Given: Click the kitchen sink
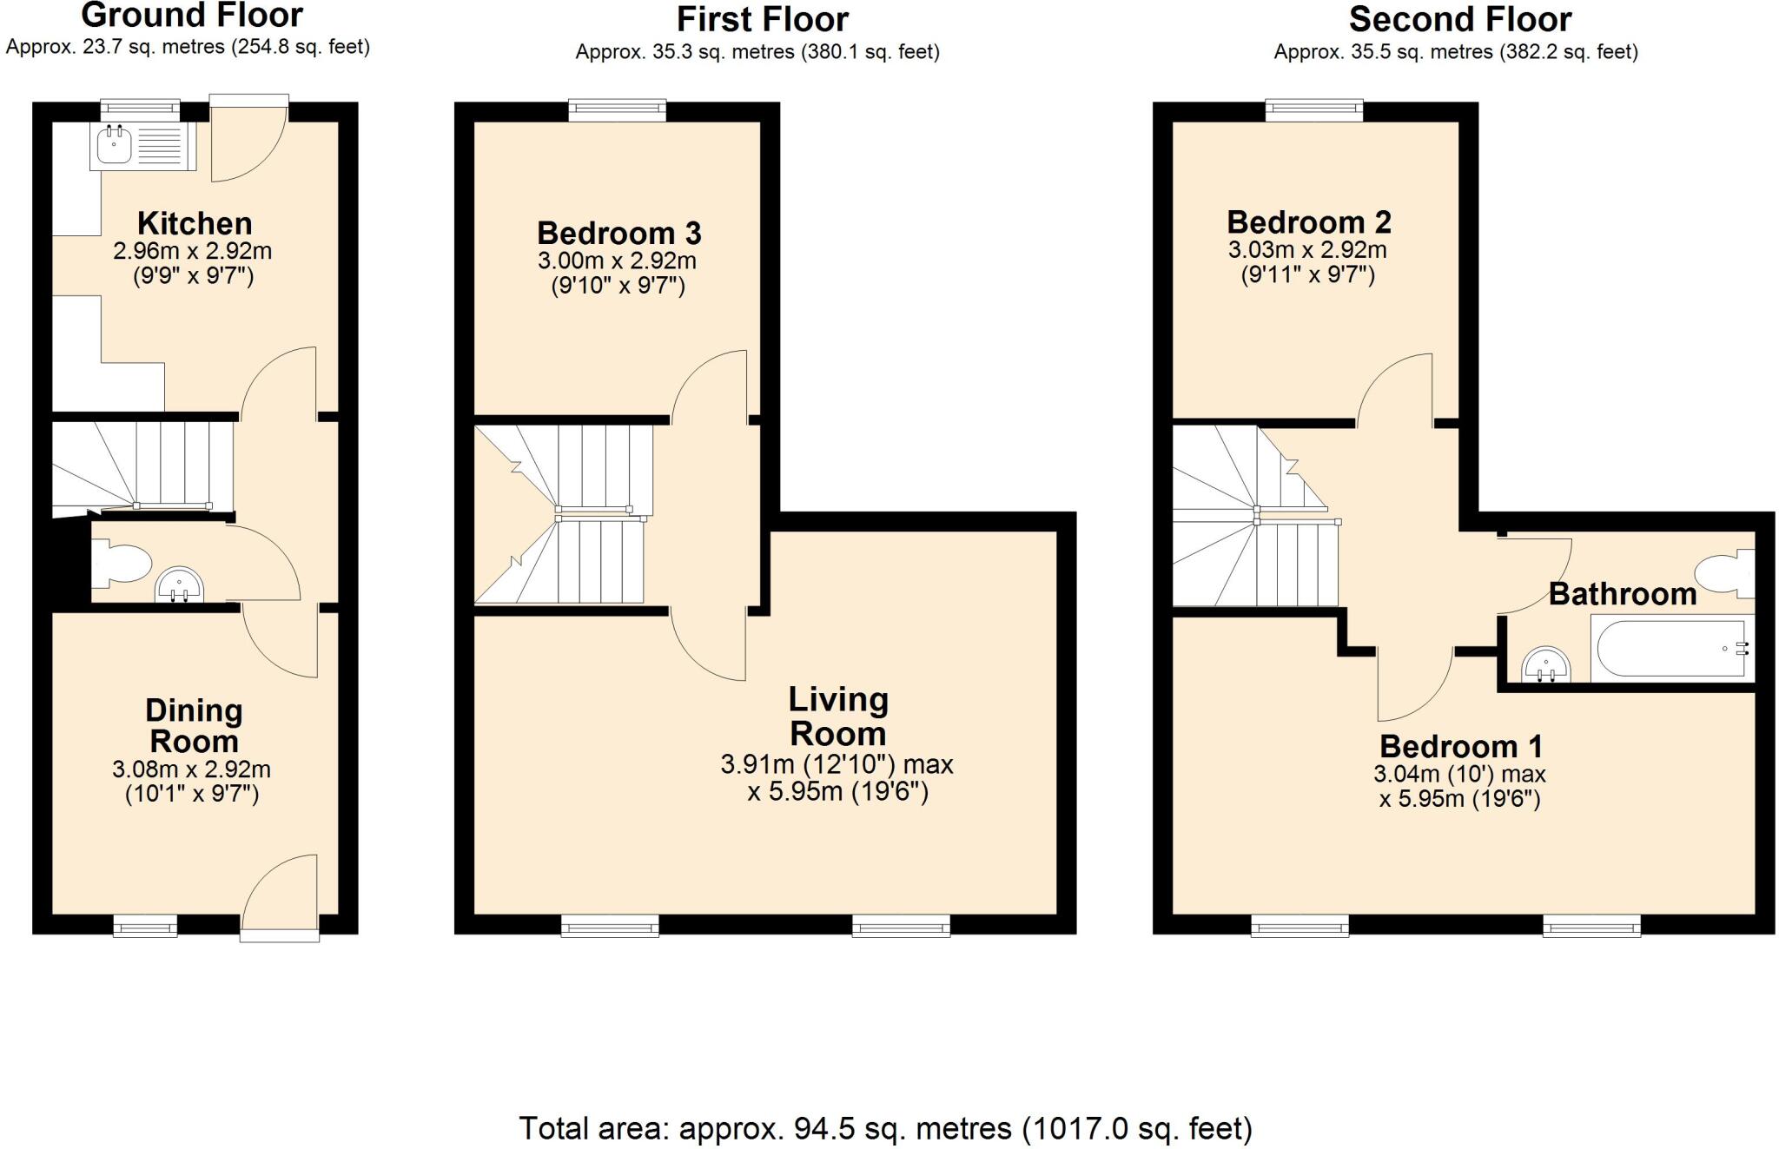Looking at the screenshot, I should point(116,145).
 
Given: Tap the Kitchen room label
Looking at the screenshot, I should point(195,223).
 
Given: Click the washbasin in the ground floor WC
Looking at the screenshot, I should point(180,585).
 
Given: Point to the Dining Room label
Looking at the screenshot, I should point(193,725).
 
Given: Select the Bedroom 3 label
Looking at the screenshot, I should point(618,233).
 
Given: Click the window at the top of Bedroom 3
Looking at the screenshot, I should point(618,109).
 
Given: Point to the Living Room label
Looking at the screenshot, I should point(837,716).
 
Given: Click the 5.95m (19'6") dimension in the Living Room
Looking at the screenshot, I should point(837,792).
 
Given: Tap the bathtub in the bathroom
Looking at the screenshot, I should point(1670,648).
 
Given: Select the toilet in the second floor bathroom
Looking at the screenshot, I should point(1724,574).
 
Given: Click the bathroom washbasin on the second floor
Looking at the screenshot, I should point(1545,664).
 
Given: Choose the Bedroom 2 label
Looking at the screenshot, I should point(1308,222).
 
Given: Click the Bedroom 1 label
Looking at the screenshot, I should point(1461,746).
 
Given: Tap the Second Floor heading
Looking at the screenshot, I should point(1459,19).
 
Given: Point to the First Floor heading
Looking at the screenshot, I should point(762,19).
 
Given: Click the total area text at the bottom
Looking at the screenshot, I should point(885,1128).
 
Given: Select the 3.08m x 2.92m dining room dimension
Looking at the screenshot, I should point(191,769).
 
